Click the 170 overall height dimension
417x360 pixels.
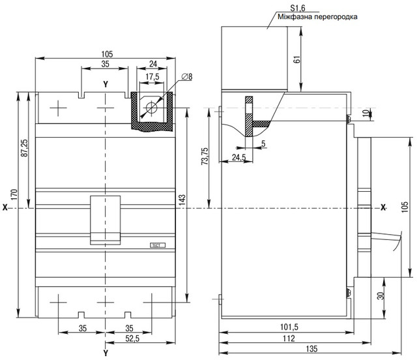tap(14, 194)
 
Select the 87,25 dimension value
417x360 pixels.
tap(24, 147)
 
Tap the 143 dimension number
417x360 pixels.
tap(182, 200)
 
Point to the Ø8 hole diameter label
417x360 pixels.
tap(187, 77)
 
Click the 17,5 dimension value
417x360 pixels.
tap(152, 77)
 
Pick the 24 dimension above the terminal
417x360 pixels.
tap(153, 64)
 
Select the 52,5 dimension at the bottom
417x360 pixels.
tap(132, 338)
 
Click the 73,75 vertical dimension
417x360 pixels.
tap(205, 156)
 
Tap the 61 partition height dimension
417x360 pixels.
tap(298, 59)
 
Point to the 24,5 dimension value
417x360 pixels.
tap(239, 157)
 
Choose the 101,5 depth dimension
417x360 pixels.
tap(289, 327)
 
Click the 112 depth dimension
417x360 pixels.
tap(289, 338)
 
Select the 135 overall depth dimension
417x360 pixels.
tap(311, 348)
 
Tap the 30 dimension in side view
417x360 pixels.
tap(381, 296)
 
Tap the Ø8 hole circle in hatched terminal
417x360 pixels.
tap(152, 108)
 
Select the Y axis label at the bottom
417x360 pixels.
tap(106, 353)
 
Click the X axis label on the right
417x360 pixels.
tap(383, 207)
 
